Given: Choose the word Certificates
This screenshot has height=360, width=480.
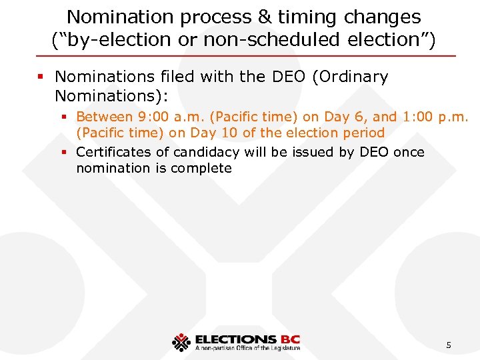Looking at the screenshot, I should (x=114, y=152).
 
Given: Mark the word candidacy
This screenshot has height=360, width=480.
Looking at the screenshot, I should (x=204, y=152).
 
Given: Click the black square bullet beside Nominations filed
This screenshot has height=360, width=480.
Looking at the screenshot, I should (x=41, y=77).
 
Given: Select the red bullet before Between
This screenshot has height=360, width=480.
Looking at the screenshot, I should (x=65, y=117).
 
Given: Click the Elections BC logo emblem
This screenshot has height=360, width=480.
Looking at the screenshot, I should (x=181, y=342).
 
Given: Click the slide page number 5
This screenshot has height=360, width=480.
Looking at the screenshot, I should (x=449, y=345).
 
